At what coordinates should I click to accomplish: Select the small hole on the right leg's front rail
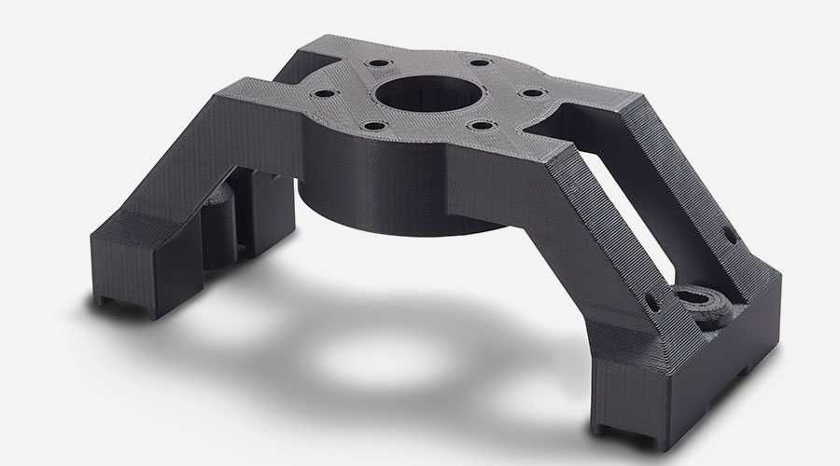(652, 302)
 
